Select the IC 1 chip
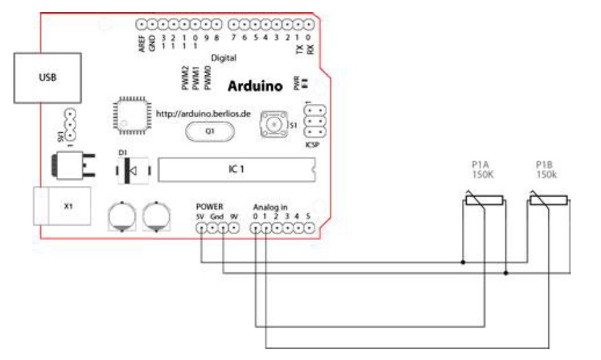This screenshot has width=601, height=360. [235, 170]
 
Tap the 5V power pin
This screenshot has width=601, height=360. [201, 228]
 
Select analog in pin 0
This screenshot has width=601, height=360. [256, 228]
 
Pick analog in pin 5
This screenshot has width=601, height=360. [309, 228]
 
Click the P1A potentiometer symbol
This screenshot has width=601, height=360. [483, 199]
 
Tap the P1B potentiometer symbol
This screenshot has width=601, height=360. [547, 199]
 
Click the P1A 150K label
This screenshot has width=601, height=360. [483, 171]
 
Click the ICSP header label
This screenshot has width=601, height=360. [312, 143]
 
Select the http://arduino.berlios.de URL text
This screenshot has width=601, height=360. [203, 114]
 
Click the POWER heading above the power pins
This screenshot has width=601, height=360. [208, 206]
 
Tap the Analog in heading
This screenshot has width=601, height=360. [270, 206]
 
